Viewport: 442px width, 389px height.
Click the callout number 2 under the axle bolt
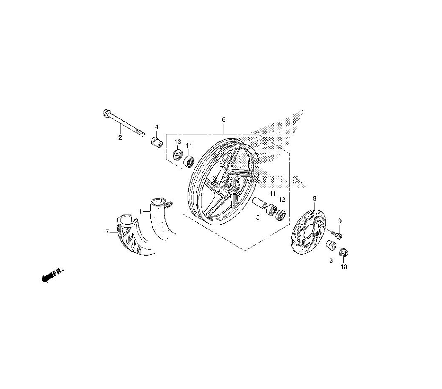coord(120,138)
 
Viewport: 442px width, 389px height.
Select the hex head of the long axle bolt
coord(106,113)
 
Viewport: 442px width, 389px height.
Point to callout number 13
coord(177,141)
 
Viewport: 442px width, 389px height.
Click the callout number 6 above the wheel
coord(224,119)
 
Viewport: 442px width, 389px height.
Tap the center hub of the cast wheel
coord(231,186)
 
